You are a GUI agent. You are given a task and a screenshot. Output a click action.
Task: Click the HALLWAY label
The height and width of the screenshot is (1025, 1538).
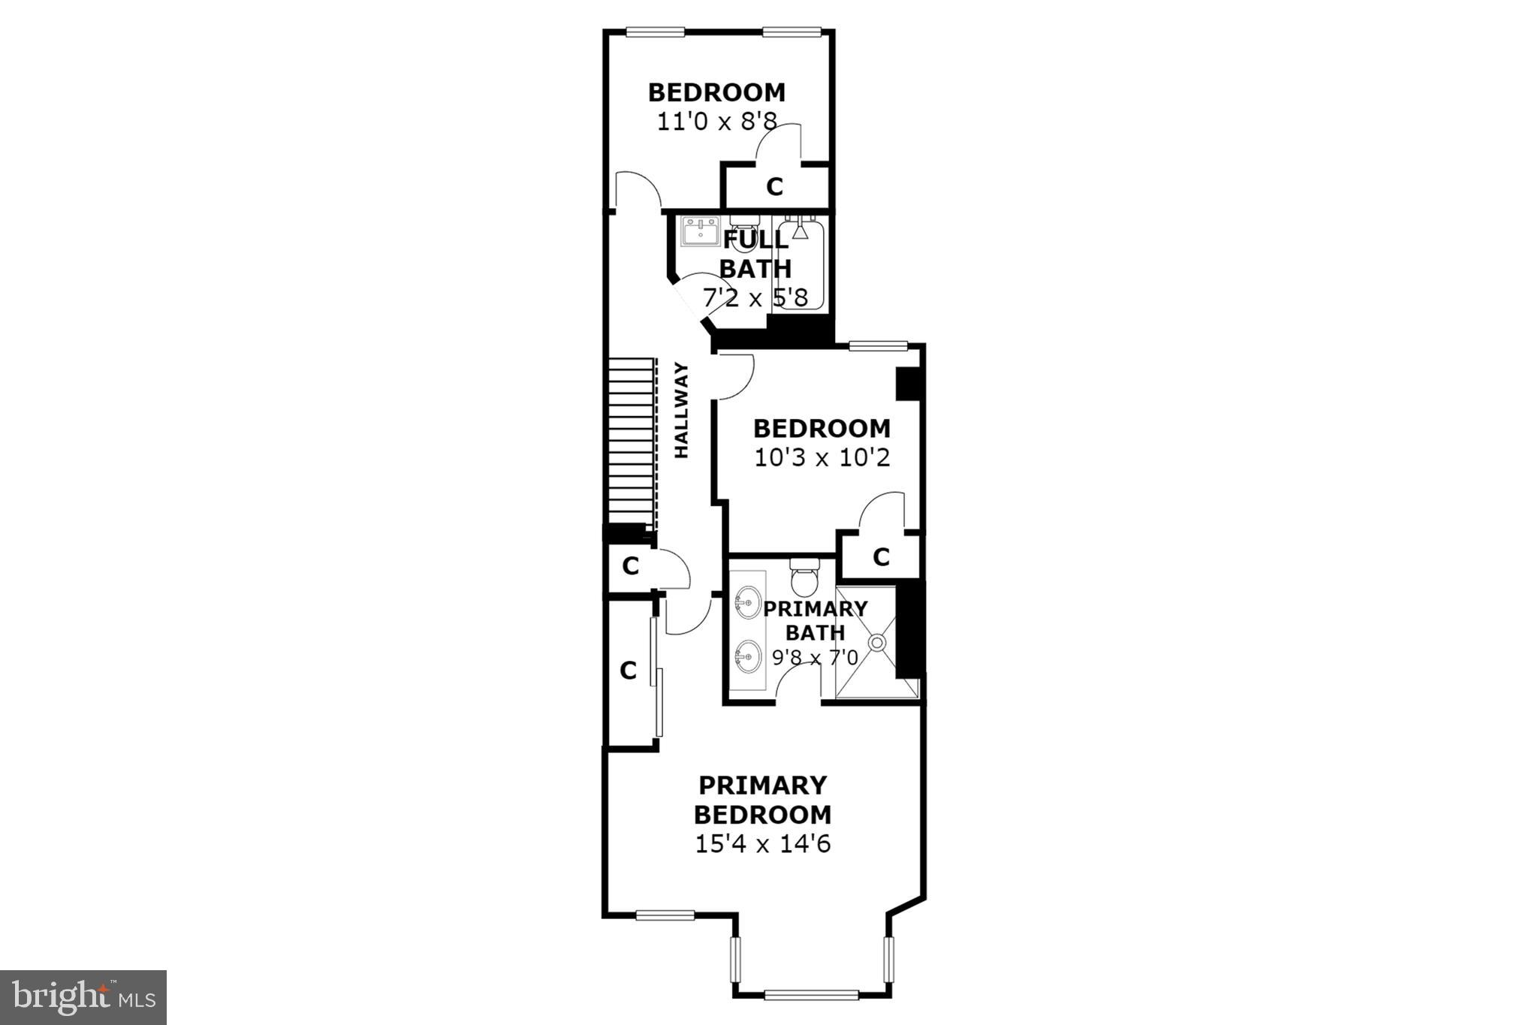click(681, 410)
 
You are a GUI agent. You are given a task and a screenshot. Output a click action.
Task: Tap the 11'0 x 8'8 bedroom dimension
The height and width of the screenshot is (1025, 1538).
click(716, 122)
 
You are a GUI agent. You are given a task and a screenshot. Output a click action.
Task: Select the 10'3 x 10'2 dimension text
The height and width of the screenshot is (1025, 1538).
click(822, 457)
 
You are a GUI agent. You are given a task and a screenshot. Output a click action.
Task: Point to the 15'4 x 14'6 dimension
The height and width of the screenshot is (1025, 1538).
click(762, 844)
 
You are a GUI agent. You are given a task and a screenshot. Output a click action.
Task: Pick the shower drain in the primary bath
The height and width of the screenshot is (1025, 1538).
click(877, 642)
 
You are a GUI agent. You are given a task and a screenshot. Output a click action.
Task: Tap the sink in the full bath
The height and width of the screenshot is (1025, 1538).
click(701, 231)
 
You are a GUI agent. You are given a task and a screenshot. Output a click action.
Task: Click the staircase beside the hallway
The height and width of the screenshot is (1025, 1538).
click(629, 443)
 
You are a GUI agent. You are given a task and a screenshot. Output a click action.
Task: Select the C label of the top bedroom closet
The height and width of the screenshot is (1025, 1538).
click(774, 186)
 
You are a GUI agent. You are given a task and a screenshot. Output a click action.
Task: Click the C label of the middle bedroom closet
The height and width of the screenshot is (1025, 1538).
click(881, 557)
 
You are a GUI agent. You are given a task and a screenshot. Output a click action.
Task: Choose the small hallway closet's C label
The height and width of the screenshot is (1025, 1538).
click(630, 566)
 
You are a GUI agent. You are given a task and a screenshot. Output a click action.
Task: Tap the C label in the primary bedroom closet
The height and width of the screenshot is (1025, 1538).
click(629, 670)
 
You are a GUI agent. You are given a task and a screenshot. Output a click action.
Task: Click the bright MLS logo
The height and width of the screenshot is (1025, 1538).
click(83, 997)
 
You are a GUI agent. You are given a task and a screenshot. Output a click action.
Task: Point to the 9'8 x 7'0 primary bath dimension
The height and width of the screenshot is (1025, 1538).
click(815, 658)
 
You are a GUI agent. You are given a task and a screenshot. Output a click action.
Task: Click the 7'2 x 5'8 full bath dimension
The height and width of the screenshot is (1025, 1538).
click(755, 298)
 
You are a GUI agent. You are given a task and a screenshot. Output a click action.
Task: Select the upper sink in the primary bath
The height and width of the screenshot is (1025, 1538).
click(748, 601)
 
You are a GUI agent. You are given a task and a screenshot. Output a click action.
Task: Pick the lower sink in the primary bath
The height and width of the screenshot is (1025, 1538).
click(748, 657)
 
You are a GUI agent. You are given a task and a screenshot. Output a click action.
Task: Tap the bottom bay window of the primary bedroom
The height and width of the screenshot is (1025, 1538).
click(811, 995)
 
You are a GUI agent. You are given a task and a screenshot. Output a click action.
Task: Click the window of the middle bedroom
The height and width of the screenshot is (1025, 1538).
click(878, 345)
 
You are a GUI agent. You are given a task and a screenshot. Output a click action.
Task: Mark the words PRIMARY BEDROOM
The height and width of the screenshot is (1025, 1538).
click(762, 800)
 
